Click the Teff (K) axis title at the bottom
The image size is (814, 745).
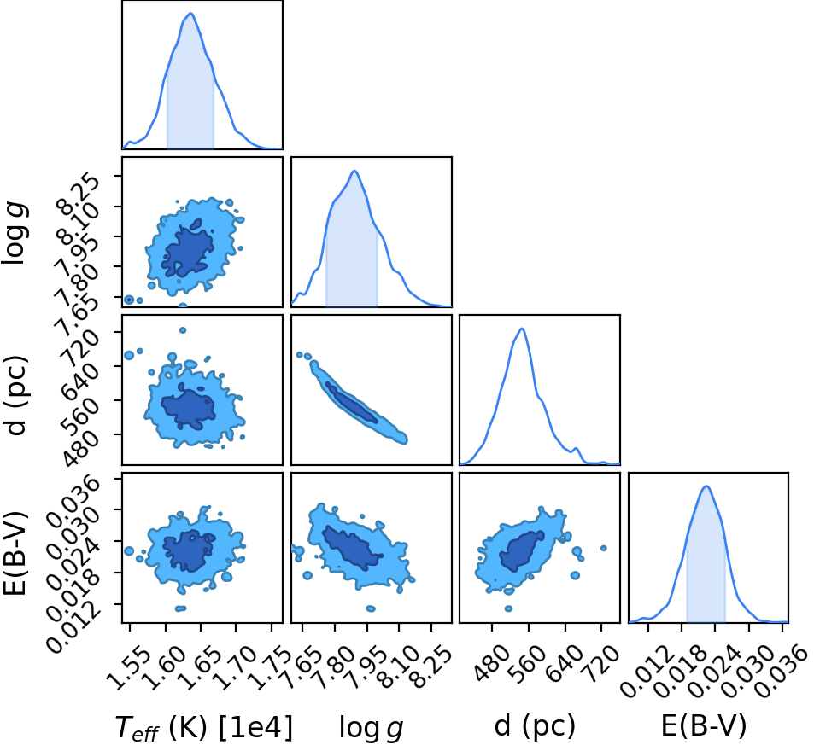[203, 727]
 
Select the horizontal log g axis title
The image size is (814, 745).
[371, 727]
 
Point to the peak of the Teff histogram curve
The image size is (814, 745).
[191, 13]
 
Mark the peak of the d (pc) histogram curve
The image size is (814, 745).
[522, 329]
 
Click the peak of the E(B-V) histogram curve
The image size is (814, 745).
[706, 486]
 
